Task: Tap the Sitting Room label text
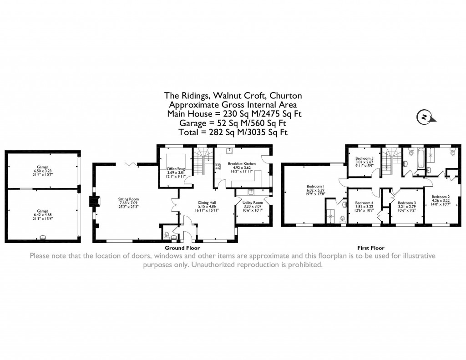[x=129, y=199]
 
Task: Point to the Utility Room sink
[x=251, y=192]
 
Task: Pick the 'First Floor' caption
[x=371, y=248]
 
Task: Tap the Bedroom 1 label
[x=315, y=186]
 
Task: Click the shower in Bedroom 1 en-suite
[x=329, y=214]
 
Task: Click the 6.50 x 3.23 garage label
[x=43, y=171]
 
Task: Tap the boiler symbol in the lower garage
[x=43, y=237]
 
